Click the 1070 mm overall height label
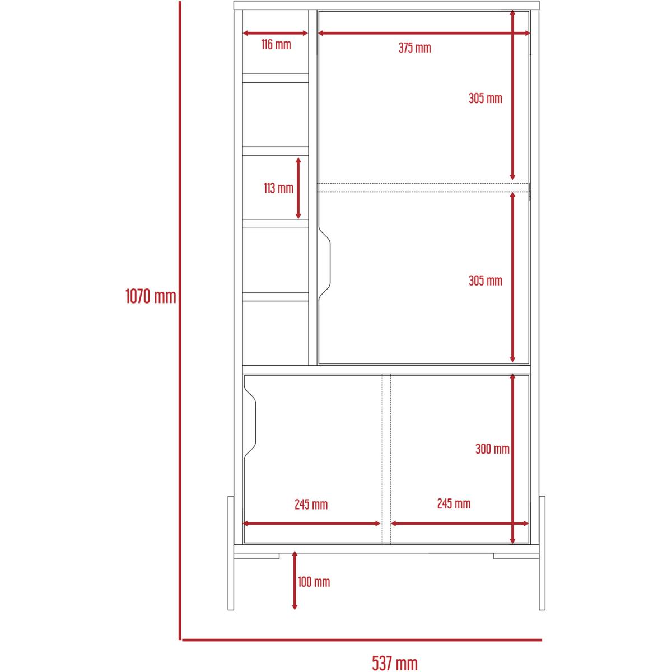(x=151, y=297)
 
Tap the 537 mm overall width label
(x=394, y=663)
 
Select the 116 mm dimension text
(x=276, y=45)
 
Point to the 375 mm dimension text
(x=414, y=48)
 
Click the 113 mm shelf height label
(x=278, y=188)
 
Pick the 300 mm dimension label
(x=492, y=449)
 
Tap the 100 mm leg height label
(x=314, y=582)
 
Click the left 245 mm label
(x=311, y=505)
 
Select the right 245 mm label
(x=454, y=503)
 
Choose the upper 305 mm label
(x=486, y=99)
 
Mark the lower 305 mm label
(x=486, y=281)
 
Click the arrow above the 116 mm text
(x=275, y=33)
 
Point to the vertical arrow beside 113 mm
(x=298, y=188)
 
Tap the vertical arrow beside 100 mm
(x=295, y=580)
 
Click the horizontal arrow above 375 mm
(x=424, y=33)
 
